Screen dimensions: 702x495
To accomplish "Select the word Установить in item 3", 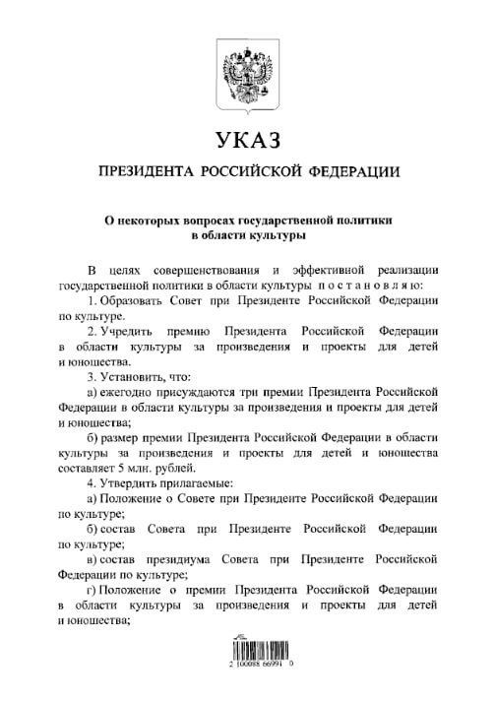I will point(134,375).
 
